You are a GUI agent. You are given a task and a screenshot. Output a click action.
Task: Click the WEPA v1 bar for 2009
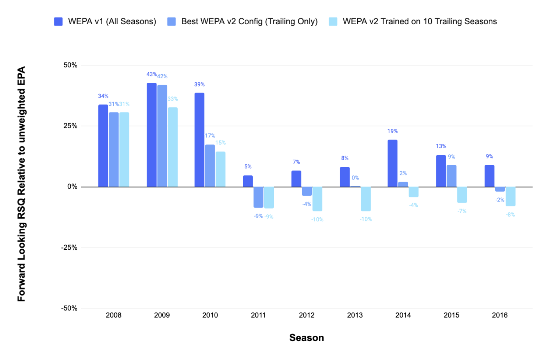(152, 135)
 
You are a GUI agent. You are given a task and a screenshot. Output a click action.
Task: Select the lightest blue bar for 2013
(366, 199)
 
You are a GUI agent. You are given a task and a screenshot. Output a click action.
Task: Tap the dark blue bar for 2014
(393, 163)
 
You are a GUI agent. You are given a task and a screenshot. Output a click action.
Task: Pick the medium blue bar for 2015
(452, 176)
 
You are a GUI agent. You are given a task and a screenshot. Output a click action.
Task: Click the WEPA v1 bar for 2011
(248, 181)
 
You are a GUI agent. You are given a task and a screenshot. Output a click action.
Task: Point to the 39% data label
(199, 85)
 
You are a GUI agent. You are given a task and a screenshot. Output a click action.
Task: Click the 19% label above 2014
(393, 131)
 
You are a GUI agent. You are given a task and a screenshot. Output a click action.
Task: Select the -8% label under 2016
(510, 215)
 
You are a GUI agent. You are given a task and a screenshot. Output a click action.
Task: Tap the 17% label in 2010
(210, 136)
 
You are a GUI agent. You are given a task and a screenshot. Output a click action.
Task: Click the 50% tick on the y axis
(70, 65)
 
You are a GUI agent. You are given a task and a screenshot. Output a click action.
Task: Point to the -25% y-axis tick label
(69, 247)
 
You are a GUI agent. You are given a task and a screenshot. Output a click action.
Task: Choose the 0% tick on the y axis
(72, 187)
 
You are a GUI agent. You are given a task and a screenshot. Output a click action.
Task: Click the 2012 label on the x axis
(307, 315)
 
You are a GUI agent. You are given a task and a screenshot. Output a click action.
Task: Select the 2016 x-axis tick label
(500, 315)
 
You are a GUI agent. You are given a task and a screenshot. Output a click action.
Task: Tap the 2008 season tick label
(113, 315)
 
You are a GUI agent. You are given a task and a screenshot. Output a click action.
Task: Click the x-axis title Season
(307, 338)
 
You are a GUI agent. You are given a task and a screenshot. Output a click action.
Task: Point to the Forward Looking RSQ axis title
(21, 184)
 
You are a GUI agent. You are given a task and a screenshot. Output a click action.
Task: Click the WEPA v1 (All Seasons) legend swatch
(59, 22)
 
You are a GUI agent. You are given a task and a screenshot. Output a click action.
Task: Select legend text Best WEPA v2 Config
(249, 22)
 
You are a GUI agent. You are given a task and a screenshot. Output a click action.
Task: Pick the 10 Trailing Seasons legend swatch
(333, 22)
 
